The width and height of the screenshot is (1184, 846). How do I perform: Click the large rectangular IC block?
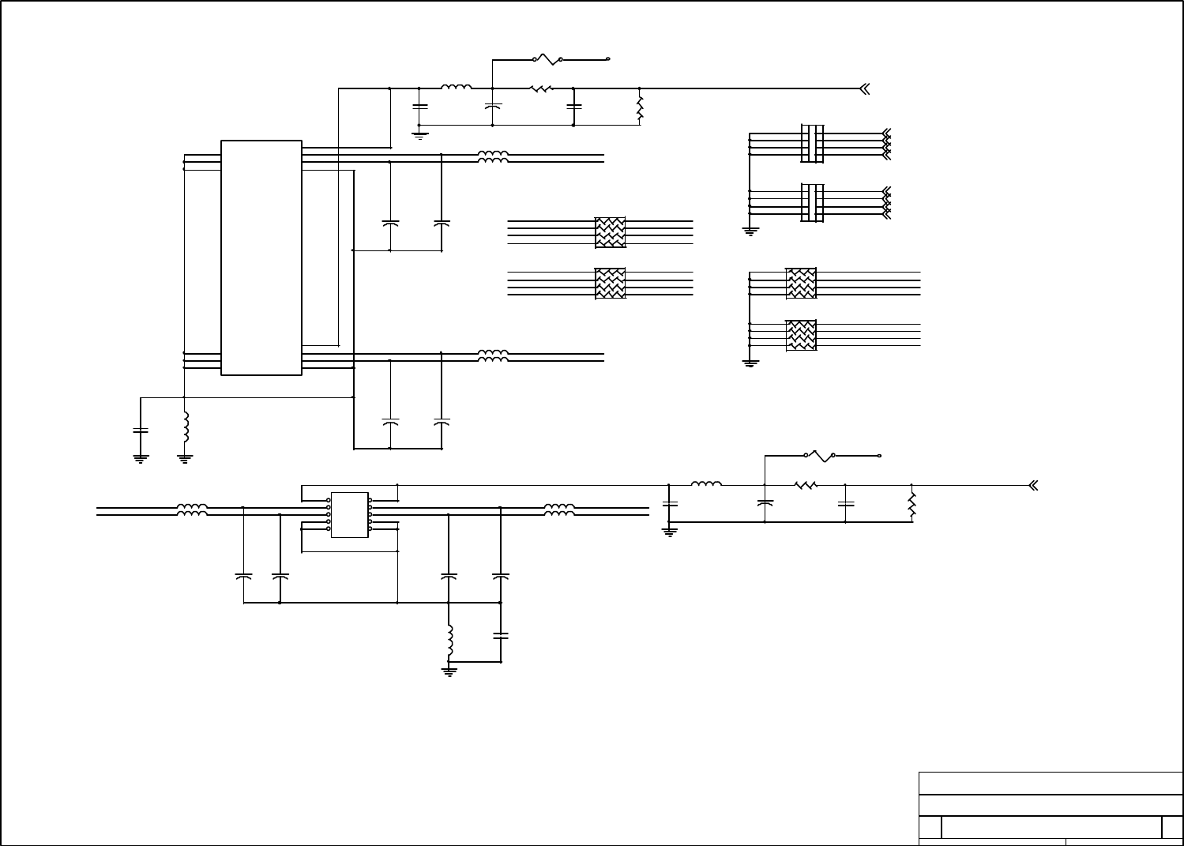pyautogui.click(x=261, y=258)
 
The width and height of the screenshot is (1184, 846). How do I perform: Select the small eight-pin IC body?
pyautogui.click(x=349, y=515)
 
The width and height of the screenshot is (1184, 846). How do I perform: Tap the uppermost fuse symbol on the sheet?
pyautogui.click(x=547, y=59)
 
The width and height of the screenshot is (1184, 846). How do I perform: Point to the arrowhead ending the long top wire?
pyautogui.click(x=864, y=88)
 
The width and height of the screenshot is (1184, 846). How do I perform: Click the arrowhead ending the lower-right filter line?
pyautogui.click(x=1032, y=486)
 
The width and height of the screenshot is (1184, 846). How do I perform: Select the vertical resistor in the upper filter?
pyautogui.click(x=640, y=107)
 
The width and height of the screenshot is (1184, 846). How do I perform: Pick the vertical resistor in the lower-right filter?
pyautogui.click(x=911, y=504)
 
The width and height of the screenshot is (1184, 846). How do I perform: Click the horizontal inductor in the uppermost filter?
pyautogui.click(x=457, y=88)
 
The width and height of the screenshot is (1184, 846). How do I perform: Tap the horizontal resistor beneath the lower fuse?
pyautogui.click(x=806, y=485)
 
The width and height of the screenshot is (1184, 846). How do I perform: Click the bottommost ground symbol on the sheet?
pyautogui.click(x=449, y=671)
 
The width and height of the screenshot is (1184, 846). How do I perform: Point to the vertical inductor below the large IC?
pyautogui.click(x=186, y=427)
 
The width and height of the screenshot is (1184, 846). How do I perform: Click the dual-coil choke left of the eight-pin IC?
pyautogui.click(x=192, y=511)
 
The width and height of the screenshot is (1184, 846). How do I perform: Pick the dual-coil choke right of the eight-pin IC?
pyautogui.click(x=559, y=511)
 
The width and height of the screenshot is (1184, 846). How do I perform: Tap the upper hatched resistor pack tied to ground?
pyautogui.click(x=801, y=284)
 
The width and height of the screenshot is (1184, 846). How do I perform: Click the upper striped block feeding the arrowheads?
pyautogui.click(x=813, y=143)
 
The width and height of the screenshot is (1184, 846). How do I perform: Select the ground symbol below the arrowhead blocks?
pyautogui.click(x=750, y=231)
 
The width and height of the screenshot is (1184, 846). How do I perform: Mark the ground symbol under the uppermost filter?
pyautogui.click(x=419, y=134)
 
